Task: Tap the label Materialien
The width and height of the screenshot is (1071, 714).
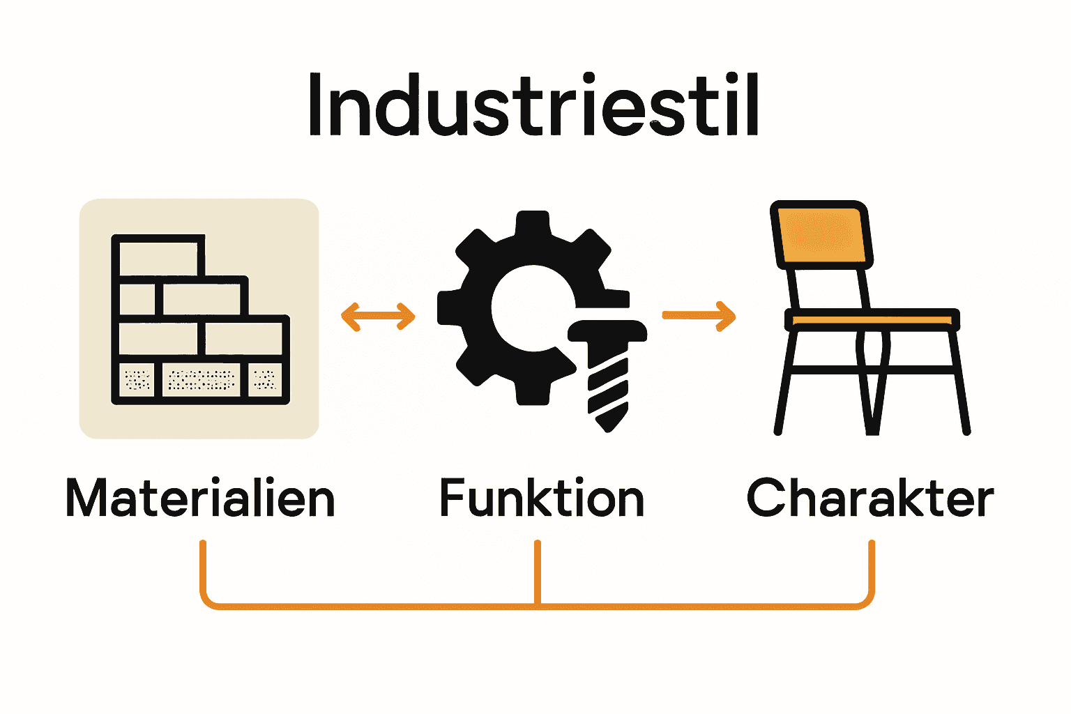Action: [x=200, y=499]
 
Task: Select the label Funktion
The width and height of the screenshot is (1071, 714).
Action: [x=541, y=499]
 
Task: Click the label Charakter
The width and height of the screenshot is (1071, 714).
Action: [x=869, y=499]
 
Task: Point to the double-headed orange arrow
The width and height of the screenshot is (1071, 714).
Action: [x=378, y=316]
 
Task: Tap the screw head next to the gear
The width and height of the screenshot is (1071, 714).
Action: [x=607, y=331]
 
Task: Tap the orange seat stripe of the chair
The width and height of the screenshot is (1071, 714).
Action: [x=872, y=320]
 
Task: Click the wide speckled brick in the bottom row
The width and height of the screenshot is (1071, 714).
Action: [x=202, y=380]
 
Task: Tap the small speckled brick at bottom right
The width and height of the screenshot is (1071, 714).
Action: [x=266, y=380]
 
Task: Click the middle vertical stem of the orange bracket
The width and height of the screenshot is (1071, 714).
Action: [x=537, y=572]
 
